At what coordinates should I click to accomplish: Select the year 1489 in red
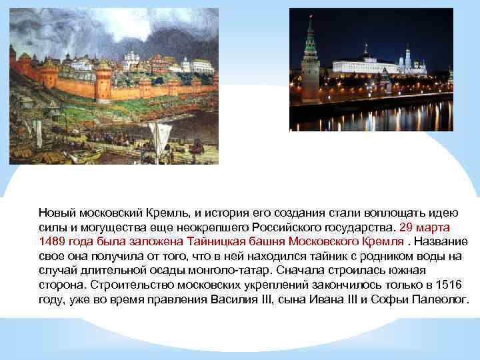[x=52, y=241]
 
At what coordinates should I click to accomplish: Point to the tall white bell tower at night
[x=408, y=59]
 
